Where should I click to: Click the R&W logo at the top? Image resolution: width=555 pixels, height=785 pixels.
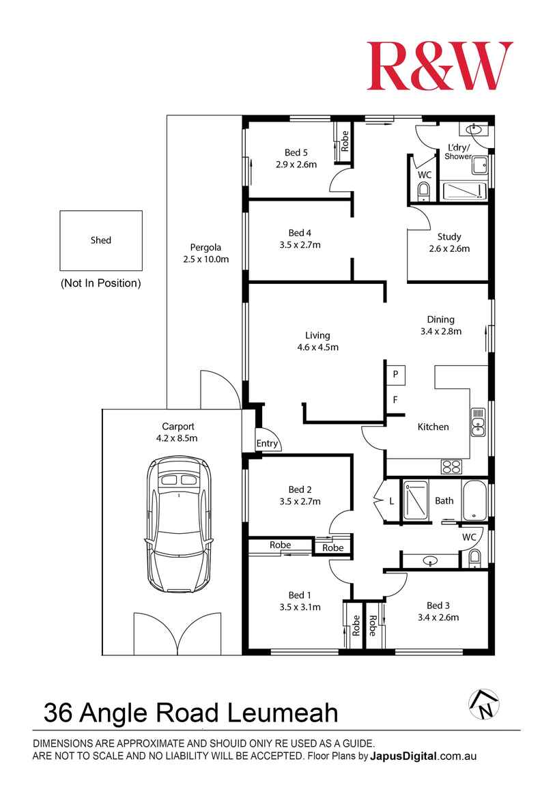point(439,66)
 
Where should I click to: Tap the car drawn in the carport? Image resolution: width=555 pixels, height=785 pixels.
point(177,525)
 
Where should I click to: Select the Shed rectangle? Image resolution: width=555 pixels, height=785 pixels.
point(101,240)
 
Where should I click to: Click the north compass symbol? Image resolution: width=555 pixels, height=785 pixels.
point(483,704)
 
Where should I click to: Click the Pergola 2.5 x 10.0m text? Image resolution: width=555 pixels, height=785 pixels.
point(205,253)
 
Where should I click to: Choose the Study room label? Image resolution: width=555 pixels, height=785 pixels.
point(449,243)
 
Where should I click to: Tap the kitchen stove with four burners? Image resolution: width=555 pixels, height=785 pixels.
point(452,467)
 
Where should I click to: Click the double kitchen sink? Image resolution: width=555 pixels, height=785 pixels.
point(478,423)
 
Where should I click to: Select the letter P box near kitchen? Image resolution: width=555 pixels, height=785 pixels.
point(395,374)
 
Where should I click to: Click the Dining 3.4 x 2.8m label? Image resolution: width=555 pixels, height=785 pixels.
point(440,326)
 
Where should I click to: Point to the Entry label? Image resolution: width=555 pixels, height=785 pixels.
point(267,444)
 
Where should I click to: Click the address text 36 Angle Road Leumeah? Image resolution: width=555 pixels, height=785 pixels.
point(190,713)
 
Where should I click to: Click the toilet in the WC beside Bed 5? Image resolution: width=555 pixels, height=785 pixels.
point(424,191)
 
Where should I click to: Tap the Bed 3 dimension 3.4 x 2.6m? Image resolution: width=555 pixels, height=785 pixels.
point(438,617)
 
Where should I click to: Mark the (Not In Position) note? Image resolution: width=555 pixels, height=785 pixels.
point(100,283)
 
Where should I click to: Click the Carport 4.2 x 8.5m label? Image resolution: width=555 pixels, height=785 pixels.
point(177,432)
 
